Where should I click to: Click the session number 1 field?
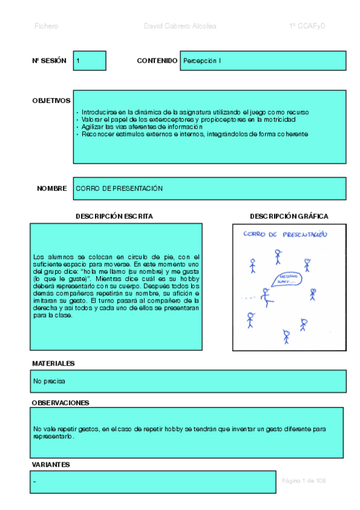90,61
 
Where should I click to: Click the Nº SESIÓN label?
49,61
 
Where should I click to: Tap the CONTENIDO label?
157,61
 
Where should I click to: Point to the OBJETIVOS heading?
51,100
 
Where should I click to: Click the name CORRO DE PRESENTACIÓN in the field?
120,188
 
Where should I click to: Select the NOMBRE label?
52,188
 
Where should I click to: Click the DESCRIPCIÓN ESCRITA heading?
114,216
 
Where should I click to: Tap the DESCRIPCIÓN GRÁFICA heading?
289,216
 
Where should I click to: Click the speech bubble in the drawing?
285,279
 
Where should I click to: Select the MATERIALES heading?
53,363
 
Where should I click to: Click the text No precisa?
49,381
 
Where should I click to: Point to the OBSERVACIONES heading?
60,402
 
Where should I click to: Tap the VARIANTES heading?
50,464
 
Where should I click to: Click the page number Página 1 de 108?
304,481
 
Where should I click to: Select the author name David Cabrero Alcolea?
180,26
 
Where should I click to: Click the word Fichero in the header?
47,26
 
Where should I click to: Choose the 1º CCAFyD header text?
307,26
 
